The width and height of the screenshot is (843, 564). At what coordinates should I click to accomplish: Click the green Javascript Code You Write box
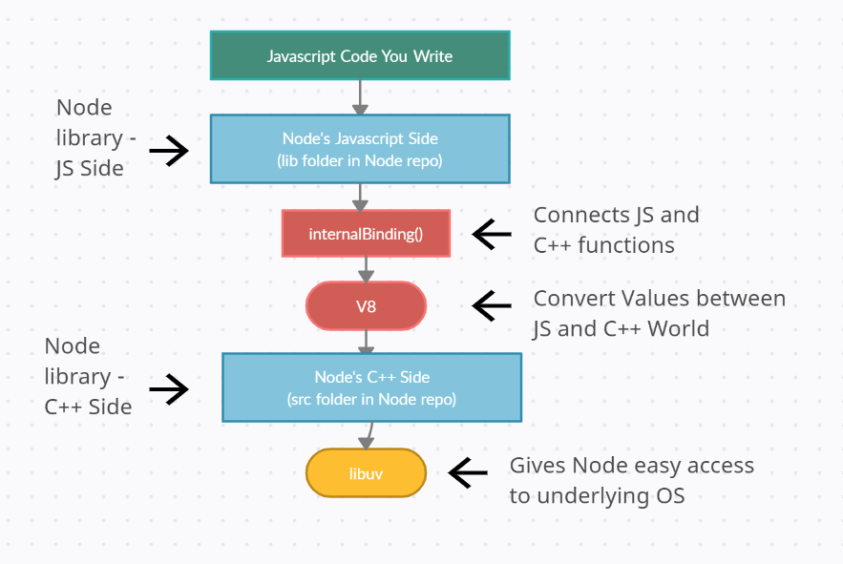(x=360, y=55)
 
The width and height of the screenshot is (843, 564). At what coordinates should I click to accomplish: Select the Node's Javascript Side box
(x=360, y=149)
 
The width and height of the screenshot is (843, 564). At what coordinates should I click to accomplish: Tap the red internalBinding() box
(x=366, y=234)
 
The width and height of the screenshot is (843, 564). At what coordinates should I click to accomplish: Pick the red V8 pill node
(x=366, y=306)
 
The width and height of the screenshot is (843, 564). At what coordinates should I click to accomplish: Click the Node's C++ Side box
(x=371, y=387)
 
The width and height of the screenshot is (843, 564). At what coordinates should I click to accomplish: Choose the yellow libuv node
(x=366, y=473)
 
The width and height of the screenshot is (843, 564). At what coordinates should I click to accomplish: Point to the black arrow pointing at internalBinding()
(x=492, y=234)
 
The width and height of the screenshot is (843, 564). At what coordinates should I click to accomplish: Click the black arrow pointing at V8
(x=492, y=305)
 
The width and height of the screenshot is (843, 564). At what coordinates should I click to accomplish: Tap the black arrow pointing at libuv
(x=468, y=472)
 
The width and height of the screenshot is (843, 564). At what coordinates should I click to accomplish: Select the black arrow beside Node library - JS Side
(x=169, y=151)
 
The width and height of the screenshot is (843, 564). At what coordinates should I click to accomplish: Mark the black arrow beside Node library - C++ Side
(x=169, y=388)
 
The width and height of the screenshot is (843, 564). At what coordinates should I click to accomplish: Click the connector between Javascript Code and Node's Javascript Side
(x=360, y=97)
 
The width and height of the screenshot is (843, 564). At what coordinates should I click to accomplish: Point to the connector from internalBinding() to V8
(x=366, y=269)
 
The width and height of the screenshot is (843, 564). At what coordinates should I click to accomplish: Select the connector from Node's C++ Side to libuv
(x=369, y=435)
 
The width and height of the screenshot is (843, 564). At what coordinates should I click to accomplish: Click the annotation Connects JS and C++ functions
(x=616, y=230)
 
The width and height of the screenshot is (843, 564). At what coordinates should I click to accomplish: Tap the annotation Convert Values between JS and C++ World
(x=659, y=313)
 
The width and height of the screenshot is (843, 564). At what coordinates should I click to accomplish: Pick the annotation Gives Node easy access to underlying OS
(x=632, y=480)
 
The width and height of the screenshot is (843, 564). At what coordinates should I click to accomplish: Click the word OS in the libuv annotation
(x=670, y=495)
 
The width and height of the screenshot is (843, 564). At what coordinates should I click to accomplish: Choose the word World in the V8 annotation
(x=678, y=328)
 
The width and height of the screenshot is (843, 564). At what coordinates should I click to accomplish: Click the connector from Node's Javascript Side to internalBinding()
(x=360, y=197)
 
